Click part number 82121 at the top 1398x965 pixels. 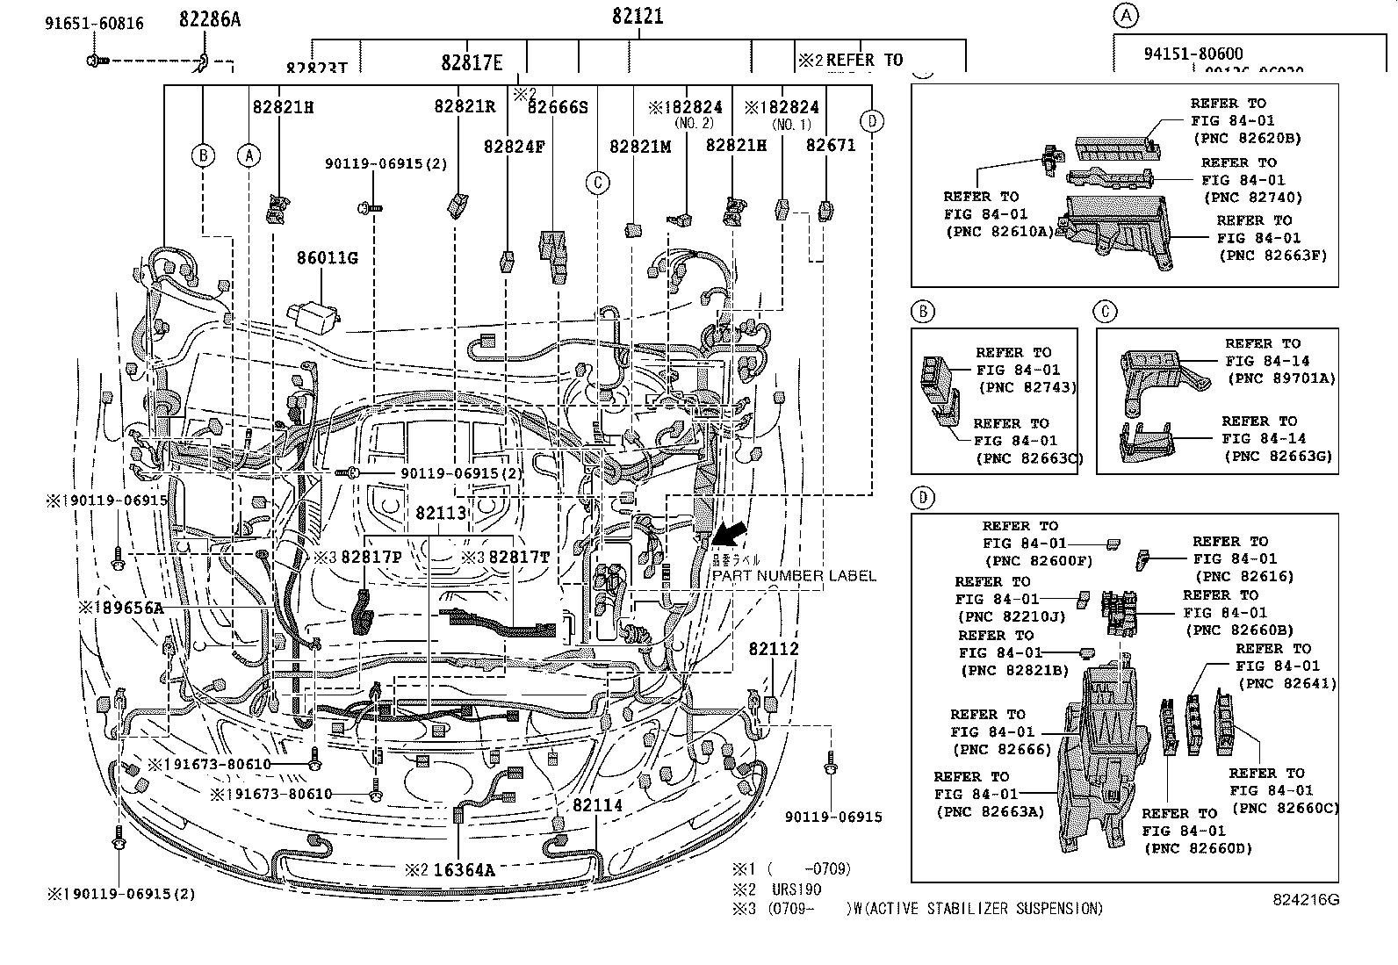tap(638, 17)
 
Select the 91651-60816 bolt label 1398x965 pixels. tap(94, 24)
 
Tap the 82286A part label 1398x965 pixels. tap(209, 18)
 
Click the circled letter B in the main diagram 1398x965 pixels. tap(203, 156)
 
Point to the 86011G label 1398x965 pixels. tap(327, 258)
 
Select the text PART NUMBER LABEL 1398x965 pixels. tap(793, 576)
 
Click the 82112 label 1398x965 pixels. tap(774, 648)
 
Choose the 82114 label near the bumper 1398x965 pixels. tap(597, 805)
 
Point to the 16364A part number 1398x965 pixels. tap(464, 870)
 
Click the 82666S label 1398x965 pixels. tap(557, 107)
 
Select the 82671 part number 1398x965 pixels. tap(830, 145)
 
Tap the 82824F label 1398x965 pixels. tap(514, 146)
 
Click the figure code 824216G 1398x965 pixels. tap(1307, 900)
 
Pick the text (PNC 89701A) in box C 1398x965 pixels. tap(1280, 378)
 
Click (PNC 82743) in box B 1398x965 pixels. tap(1027, 387)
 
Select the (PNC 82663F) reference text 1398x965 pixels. tap(1272, 256)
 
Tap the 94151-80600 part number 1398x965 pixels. tap(1193, 54)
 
